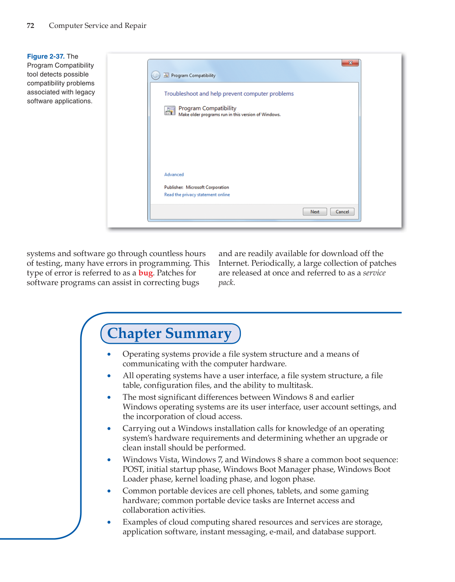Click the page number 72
[x=30, y=26]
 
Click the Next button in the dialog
[x=314, y=212]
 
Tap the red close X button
[x=350, y=63]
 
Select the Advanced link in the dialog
[x=174, y=175]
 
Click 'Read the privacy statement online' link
[x=197, y=195]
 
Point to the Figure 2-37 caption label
[x=46, y=56]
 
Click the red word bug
[x=145, y=273]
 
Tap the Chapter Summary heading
[x=170, y=333]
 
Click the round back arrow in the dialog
[x=156, y=75]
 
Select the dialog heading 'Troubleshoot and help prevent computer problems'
[x=229, y=94]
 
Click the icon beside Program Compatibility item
[x=170, y=111]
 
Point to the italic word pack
[x=226, y=283]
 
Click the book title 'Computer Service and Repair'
[x=98, y=26]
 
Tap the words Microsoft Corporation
[x=207, y=187]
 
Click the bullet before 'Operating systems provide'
[x=109, y=355]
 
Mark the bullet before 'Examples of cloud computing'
[x=109, y=523]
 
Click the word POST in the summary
[x=133, y=469]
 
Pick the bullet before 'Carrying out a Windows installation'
[x=109, y=429]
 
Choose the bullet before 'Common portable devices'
[x=109, y=491]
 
